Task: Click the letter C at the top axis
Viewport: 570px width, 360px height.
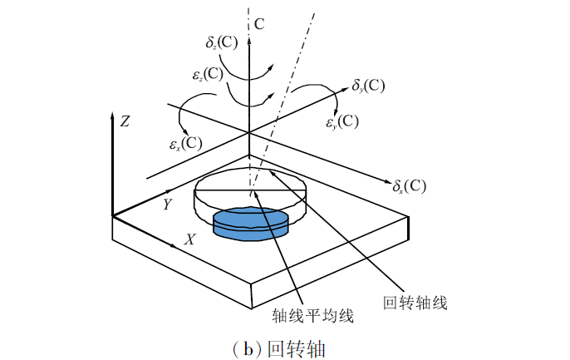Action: click(259, 24)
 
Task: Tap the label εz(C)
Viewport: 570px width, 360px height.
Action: click(207, 74)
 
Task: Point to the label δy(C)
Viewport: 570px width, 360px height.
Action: click(368, 86)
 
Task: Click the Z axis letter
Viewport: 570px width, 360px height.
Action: click(125, 121)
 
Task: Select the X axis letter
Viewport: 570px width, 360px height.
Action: click(190, 239)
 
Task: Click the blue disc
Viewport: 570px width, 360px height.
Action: click(252, 224)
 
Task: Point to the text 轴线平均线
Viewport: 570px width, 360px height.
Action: click(314, 316)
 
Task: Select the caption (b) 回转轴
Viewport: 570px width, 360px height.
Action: click(286, 344)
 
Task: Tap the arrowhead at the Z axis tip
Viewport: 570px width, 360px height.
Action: click(112, 115)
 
